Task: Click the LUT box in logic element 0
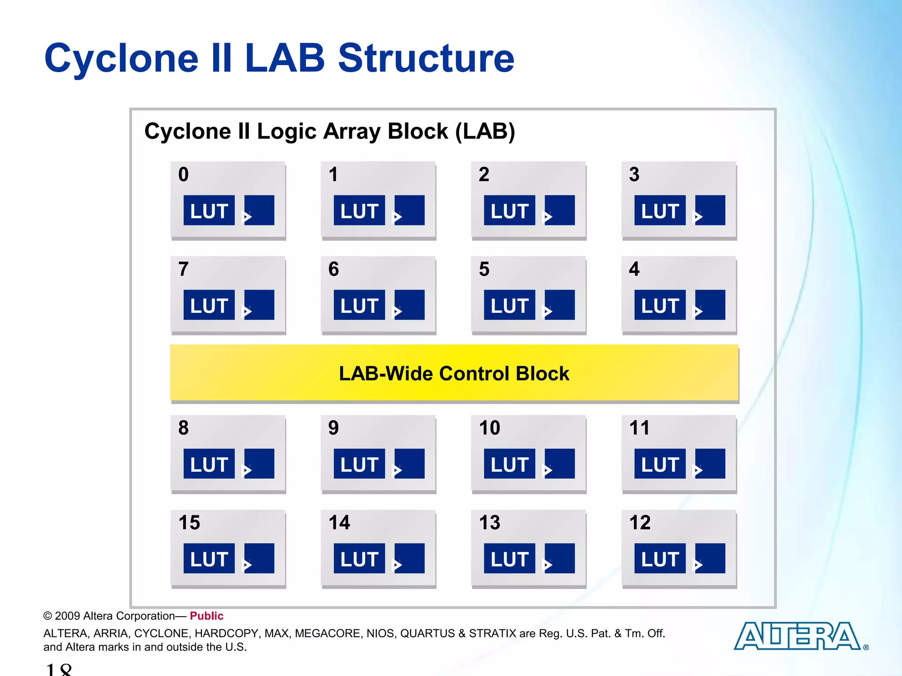coord(209,210)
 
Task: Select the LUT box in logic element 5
coord(509,305)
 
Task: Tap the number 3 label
coord(634,175)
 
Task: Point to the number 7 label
coord(183,269)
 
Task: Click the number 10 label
coord(489,428)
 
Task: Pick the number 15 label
coord(189,523)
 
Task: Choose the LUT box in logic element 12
coord(659,558)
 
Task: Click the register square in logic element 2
coord(560,210)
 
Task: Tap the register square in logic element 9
coord(410,463)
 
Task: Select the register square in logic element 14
coord(410,558)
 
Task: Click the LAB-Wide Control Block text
coord(454,374)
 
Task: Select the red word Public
coord(206,616)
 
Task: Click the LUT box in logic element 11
coord(659,463)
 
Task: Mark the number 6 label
coord(333,269)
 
